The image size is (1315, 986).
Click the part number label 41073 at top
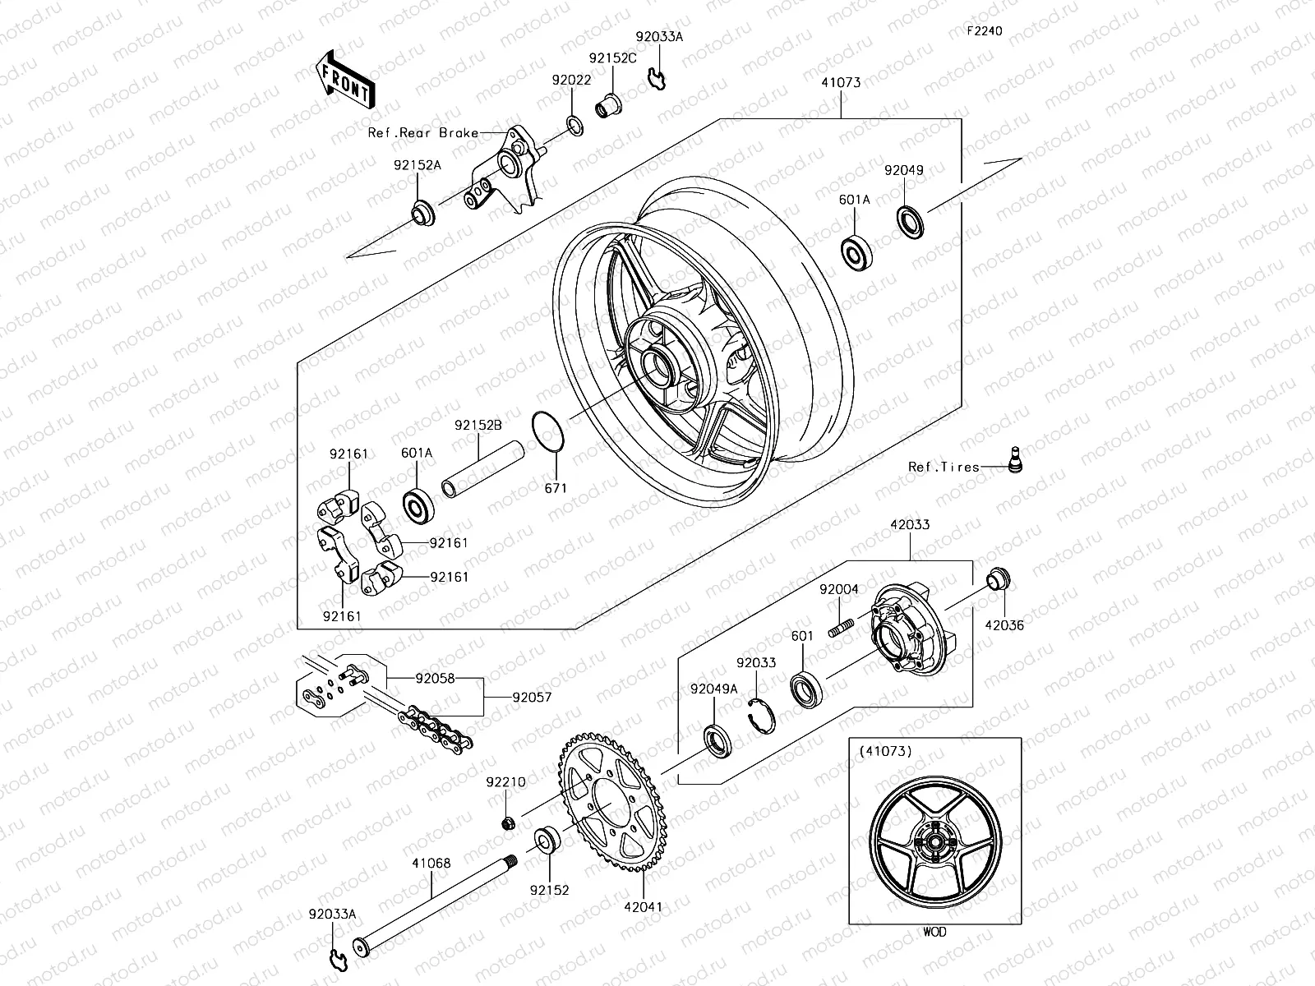click(840, 83)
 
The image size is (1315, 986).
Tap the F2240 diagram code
click(984, 31)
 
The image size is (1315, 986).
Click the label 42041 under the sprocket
click(642, 906)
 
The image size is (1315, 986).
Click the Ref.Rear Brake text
click(423, 132)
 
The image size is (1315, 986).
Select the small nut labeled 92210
click(510, 822)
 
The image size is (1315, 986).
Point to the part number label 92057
click(532, 698)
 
